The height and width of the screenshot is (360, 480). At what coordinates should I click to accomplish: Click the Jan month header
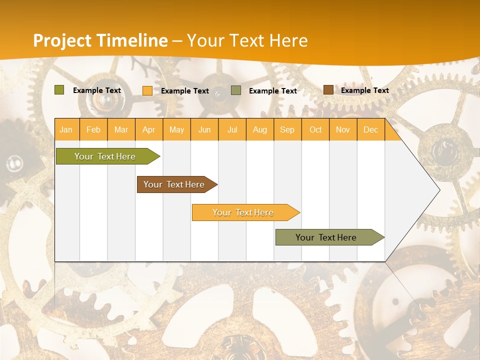click(66, 130)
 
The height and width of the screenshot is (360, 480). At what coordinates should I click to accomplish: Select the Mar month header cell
click(121, 130)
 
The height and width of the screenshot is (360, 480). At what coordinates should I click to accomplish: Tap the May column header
click(176, 130)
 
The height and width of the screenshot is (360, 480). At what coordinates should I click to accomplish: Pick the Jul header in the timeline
click(232, 130)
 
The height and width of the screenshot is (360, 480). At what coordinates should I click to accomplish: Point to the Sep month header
click(287, 130)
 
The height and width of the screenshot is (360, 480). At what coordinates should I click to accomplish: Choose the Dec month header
click(370, 130)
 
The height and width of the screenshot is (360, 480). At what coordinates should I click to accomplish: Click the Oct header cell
click(315, 130)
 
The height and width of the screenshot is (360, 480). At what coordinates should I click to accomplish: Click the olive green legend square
click(59, 90)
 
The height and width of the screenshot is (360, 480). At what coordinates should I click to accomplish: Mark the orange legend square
click(147, 90)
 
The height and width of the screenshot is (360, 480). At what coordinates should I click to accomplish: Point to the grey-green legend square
click(236, 90)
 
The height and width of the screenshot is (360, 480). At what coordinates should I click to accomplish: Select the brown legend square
click(328, 90)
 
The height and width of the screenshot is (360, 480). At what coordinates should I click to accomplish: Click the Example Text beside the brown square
click(364, 90)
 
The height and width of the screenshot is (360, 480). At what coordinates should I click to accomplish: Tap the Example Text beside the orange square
click(184, 91)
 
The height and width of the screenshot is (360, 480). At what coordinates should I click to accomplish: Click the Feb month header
click(93, 130)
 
